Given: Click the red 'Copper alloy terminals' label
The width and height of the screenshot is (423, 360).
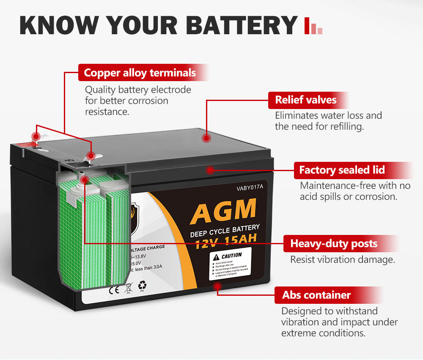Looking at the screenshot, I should [140, 73].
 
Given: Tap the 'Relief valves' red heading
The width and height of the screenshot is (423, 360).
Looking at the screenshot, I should [306, 100].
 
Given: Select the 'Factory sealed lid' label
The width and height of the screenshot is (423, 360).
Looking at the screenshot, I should [342, 170].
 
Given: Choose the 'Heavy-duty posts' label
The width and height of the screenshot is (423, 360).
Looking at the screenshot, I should [334, 244].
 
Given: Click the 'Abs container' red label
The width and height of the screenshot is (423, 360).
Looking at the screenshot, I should [316, 295].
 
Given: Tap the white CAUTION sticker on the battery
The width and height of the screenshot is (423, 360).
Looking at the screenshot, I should [230, 264].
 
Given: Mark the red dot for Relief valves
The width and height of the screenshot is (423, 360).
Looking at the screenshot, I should [206, 138].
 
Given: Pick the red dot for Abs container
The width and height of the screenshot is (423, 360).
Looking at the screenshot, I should [218, 286].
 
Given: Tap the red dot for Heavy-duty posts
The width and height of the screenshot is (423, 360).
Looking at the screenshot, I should [85, 180].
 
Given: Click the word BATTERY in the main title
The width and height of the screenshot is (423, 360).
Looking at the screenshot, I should [242, 25].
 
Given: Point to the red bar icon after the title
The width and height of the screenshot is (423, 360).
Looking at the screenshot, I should [313, 26].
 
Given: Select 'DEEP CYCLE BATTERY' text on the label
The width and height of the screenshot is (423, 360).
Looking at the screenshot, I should [225, 231].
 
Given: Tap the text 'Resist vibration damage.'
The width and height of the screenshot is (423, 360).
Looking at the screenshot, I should [342, 259].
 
